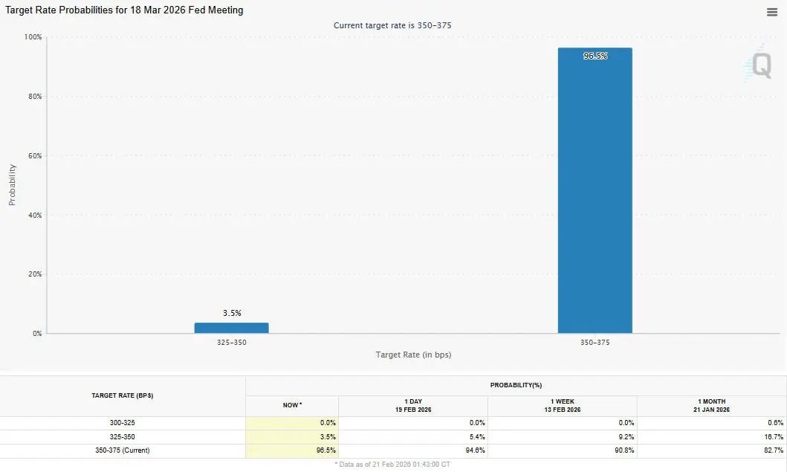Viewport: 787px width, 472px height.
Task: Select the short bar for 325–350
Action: [231, 328]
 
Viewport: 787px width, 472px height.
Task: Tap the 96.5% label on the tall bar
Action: [595, 56]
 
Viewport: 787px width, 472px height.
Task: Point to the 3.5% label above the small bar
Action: [232, 313]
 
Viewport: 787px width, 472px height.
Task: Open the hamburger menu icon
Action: [772, 12]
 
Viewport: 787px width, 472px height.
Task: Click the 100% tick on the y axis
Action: [33, 37]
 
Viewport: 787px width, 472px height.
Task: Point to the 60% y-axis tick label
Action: [33, 156]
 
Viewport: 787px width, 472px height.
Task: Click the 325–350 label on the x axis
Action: [231, 343]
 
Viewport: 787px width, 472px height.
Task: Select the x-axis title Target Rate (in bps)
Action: [413, 355]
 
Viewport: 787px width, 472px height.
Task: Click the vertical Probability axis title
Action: [12, 185]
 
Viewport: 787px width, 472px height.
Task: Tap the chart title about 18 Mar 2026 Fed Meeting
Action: [123, 10]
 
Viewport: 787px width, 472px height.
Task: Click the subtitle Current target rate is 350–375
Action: [392, 25]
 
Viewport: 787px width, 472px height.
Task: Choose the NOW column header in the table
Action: [291, 405]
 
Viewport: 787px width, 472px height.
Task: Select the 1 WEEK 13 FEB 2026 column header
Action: [562, 405]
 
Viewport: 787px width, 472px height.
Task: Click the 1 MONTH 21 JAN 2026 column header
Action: [711, 405]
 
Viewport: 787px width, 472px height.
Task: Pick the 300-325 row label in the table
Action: [123, 423]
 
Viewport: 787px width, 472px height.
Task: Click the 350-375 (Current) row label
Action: [123, 450]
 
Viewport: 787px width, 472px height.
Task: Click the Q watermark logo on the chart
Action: [761, 65]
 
